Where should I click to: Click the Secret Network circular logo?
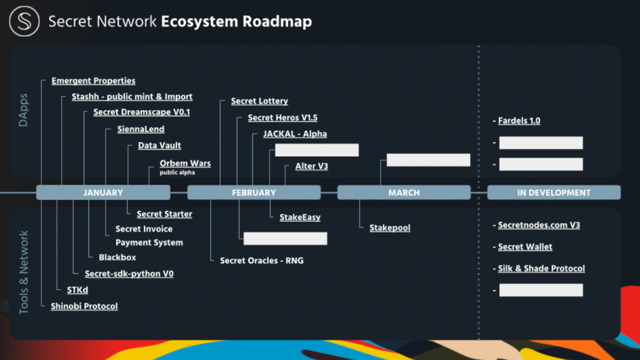click(x=25, y=21)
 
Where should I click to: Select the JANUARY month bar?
click(x=103, y=193)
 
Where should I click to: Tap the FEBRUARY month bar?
click(x=254, y=193)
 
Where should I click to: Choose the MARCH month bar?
click(x=404, y=193)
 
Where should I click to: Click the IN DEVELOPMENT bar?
click(x=554, y=193)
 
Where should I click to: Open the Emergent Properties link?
click(x=93, y=81)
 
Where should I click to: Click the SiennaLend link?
click(x=141, y=129)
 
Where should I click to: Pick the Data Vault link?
click(x=159, y=146)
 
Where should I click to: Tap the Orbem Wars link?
click(x=185, y=163)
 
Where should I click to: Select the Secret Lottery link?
click(x=259, y=101)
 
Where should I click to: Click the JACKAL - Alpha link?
click(x=295, y=134)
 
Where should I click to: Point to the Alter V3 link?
click(x=311, y=166)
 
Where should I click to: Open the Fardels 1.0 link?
click(x=519, y=121)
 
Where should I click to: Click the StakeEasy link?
click(x=300, y=218)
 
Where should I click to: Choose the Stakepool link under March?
click(x=390, y=228)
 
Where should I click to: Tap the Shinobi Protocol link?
click(x=84, y=306)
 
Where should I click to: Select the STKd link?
click(x=77, y=290)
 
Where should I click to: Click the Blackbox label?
click(x=117, y=258)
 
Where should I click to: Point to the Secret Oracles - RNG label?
click(x=262, y=261)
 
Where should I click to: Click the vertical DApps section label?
click(x=23, y=110)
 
